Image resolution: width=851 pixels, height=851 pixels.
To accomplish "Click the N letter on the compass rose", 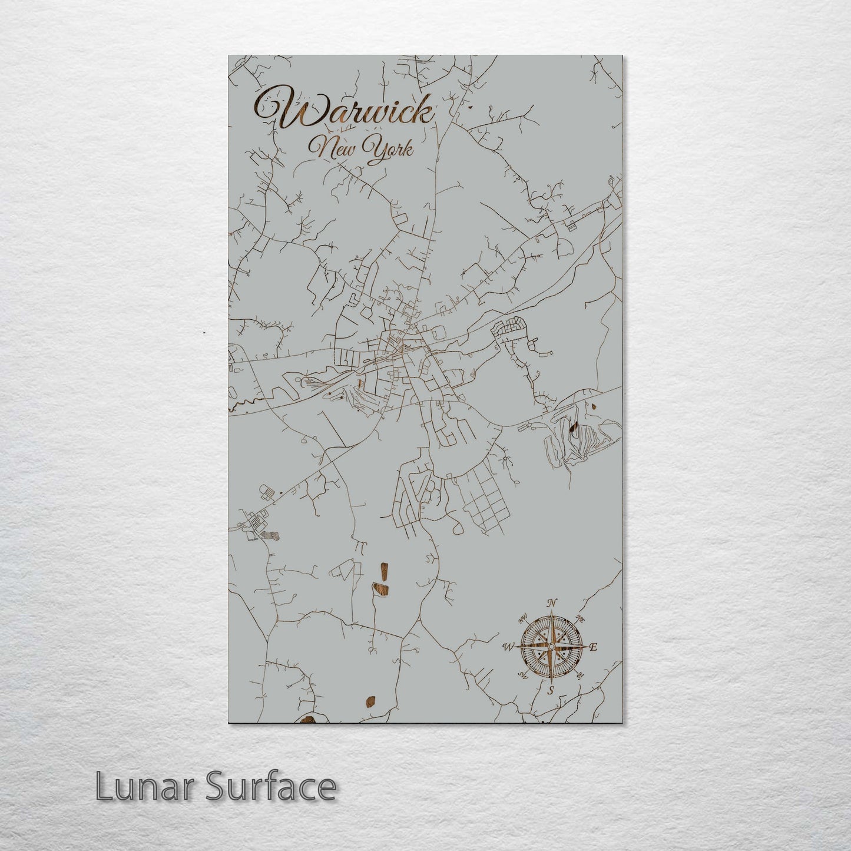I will [552, 603].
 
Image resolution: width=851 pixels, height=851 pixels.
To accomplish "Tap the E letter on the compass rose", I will [594, 647].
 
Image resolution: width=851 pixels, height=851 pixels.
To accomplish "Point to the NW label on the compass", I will [522, 618].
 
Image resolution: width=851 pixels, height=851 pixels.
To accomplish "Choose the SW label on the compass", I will [521, 675].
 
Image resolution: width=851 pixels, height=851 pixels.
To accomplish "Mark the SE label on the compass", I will [580, 675].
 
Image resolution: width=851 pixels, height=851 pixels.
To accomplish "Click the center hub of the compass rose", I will [551, 647].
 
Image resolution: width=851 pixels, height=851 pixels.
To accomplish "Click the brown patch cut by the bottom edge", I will [307, 719].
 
